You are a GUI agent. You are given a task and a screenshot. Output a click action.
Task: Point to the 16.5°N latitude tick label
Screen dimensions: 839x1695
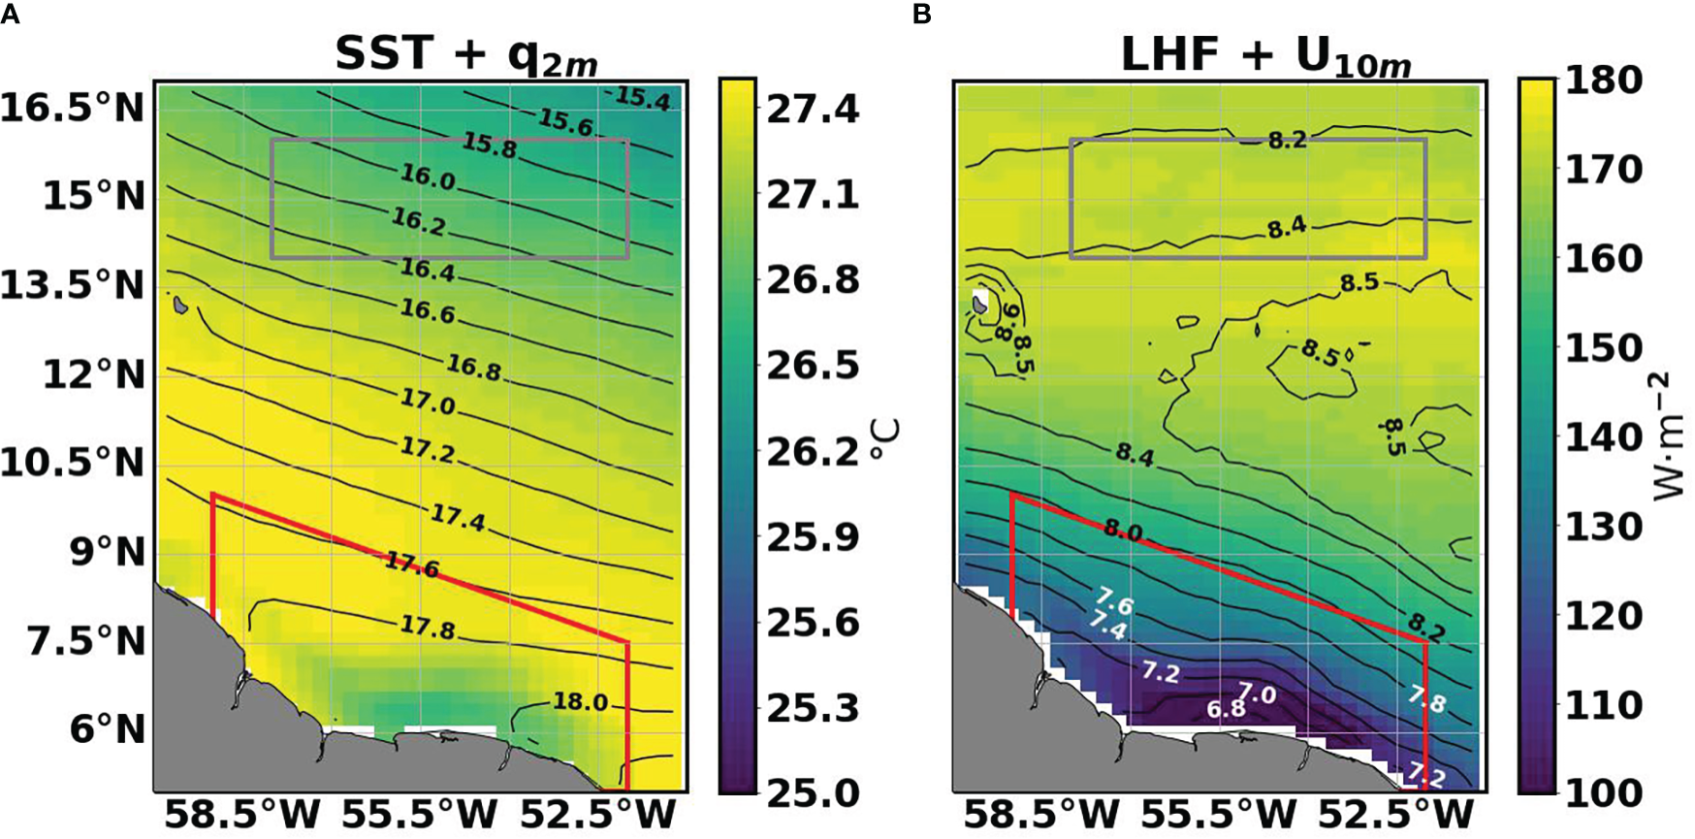pyautogui.click(x=74, y=108)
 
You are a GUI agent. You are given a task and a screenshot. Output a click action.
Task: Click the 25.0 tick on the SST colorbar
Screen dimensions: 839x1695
pyautogui.click(x=813, y=792)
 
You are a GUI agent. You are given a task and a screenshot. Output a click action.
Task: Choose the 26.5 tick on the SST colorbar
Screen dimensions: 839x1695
pyautogui.click(x=813, y=366)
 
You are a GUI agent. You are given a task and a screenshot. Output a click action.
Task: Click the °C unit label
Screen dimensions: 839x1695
pyautogui.click(x=886, y=441)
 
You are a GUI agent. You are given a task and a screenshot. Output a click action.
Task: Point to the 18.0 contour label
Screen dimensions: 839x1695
pyautogui.click(x=580, y=701)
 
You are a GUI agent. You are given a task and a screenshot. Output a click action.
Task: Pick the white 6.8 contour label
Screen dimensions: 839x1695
pyautogui.click(x=1226, y=709)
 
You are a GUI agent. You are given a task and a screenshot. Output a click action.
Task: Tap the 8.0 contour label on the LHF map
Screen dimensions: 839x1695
pyautogui.click(x=1123, y=532)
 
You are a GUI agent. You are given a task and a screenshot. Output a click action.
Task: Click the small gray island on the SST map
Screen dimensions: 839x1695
pyautogui.click(x=180, y=305)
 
